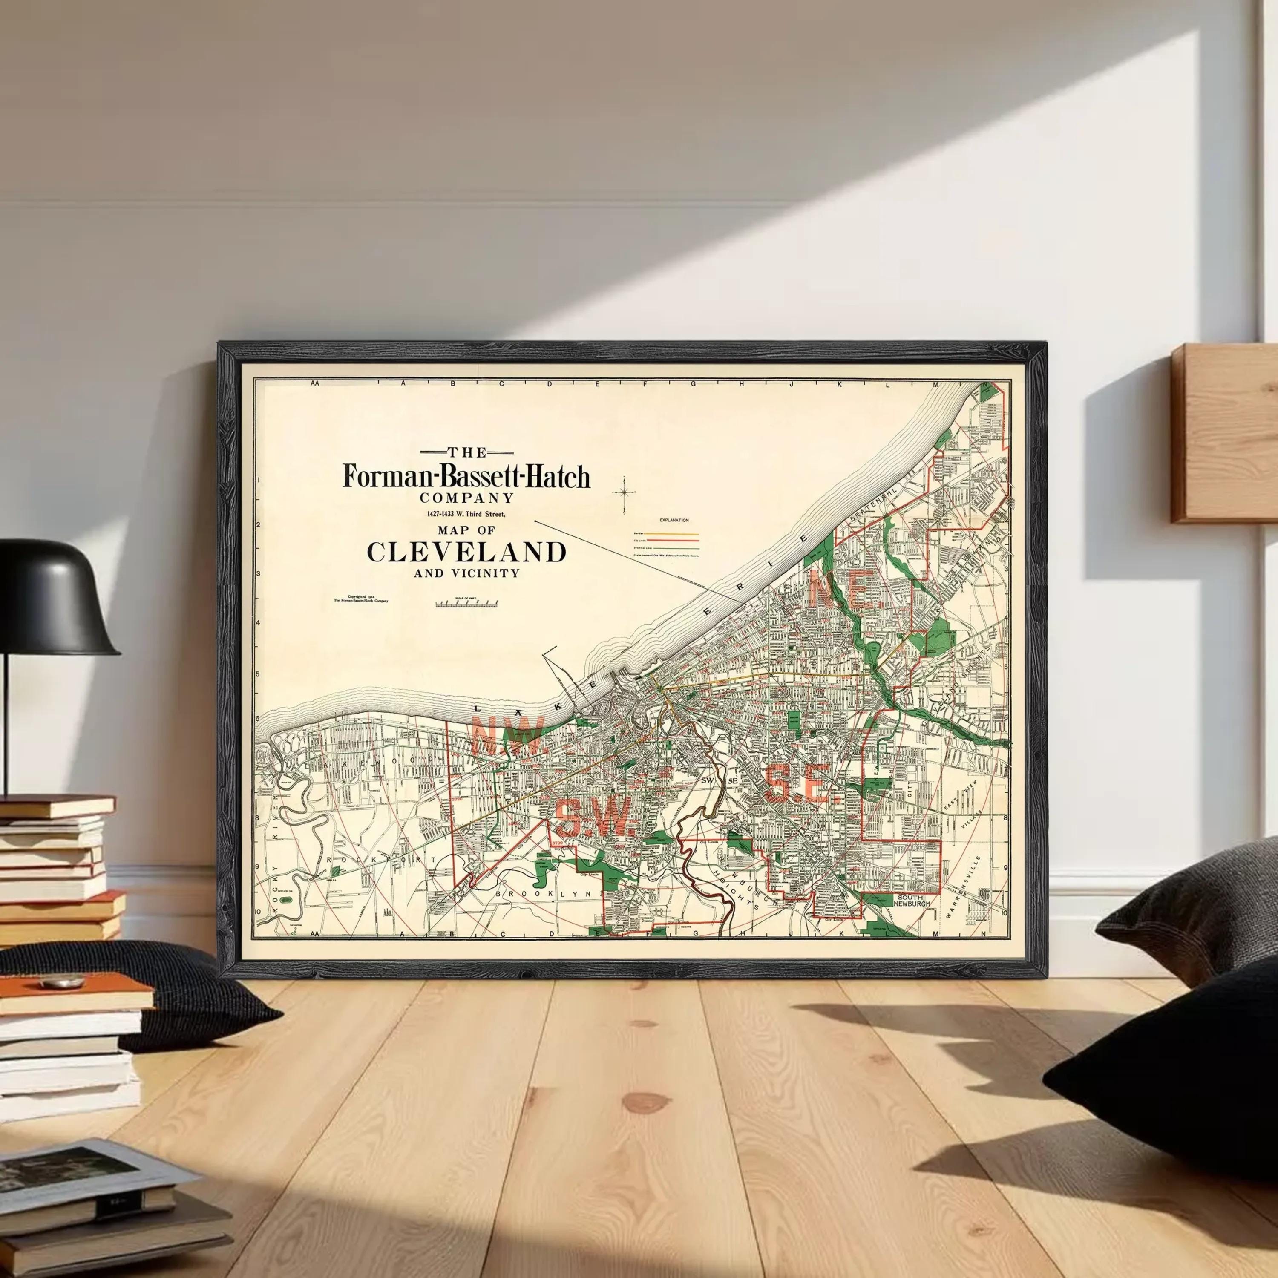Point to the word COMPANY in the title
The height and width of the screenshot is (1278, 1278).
click(x=466, y=498)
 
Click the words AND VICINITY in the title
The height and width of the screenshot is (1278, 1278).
click(x=466, y=573)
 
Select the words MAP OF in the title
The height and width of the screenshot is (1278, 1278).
click(x=466, y=530)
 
